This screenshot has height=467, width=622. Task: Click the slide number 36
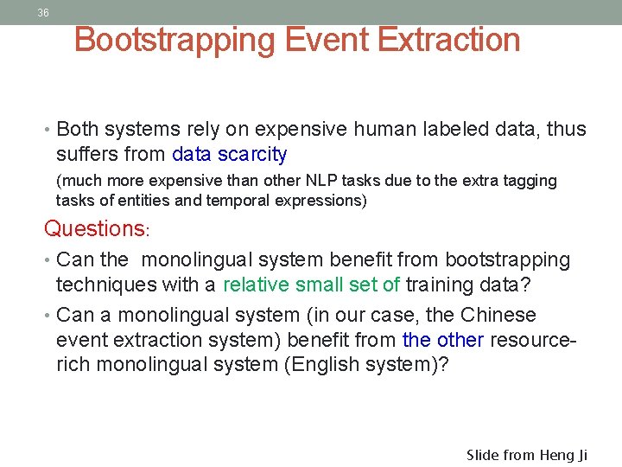[43, 13]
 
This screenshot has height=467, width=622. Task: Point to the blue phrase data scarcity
[230, 155]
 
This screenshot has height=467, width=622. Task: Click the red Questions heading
[96, 229]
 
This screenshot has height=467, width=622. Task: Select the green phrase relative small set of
[311, 285]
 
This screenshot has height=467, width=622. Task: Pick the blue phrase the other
[443, 340]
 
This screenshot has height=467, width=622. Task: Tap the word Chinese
[498, 315]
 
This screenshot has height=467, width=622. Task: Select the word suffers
[85, 155]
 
